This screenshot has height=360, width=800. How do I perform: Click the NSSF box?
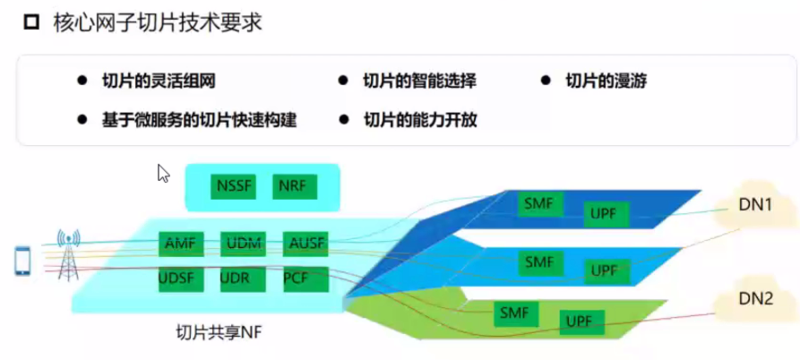point(235,186)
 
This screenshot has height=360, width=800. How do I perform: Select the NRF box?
point(291,186)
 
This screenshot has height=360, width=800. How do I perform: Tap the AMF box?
point(180,243)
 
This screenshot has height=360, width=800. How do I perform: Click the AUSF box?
point(305,243)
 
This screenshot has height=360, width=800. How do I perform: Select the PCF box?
point(296,279)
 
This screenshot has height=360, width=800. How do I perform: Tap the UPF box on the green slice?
point(581,320)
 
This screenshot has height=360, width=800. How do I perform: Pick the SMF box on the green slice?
point(514,313)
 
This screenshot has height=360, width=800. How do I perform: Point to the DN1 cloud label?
point(755,206)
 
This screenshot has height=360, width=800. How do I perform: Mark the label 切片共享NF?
point(219,333)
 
